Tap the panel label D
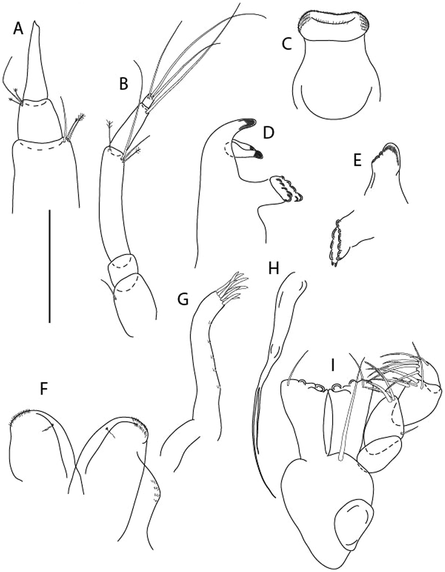click(268, 133)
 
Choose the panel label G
click(183, 300)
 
